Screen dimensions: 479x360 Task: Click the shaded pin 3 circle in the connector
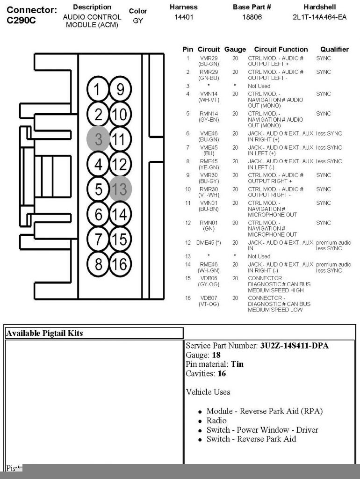tap(98, 139)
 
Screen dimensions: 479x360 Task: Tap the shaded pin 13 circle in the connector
tap(120, 189)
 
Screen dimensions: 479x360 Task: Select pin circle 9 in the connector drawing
tap(120, 89)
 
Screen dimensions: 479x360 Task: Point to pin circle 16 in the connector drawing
tap(120, 264)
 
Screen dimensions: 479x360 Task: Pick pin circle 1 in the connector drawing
tap(98, 89)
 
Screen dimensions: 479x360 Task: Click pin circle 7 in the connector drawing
tap(98, 239)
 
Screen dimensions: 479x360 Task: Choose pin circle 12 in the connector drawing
tap(120, 164)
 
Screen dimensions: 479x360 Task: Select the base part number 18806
tap(252, 17)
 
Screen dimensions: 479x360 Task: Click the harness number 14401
tap(184, 17)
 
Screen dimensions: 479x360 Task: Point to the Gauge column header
tap(235, 49)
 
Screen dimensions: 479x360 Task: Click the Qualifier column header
tap(334, 49)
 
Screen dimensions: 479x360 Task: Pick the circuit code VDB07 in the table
tap(209, 298)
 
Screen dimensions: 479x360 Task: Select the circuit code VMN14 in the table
tap(209, 94)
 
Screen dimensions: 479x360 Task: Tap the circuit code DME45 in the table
tap(207, 243)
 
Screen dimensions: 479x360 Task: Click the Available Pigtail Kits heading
tap(44, 333)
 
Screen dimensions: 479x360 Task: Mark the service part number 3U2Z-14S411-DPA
tap(294, 346)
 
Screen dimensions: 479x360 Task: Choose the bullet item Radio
tap(216, 421)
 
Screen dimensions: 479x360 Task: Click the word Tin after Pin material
tap(237, 364)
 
